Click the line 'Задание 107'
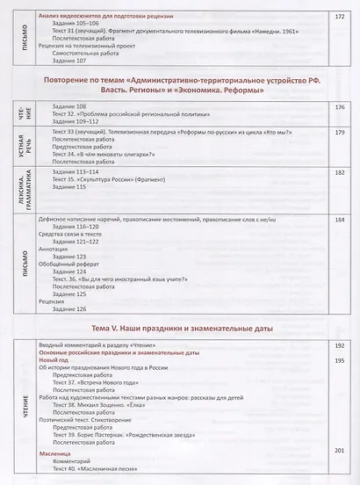pyautogui.click(x=71, y=60)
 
